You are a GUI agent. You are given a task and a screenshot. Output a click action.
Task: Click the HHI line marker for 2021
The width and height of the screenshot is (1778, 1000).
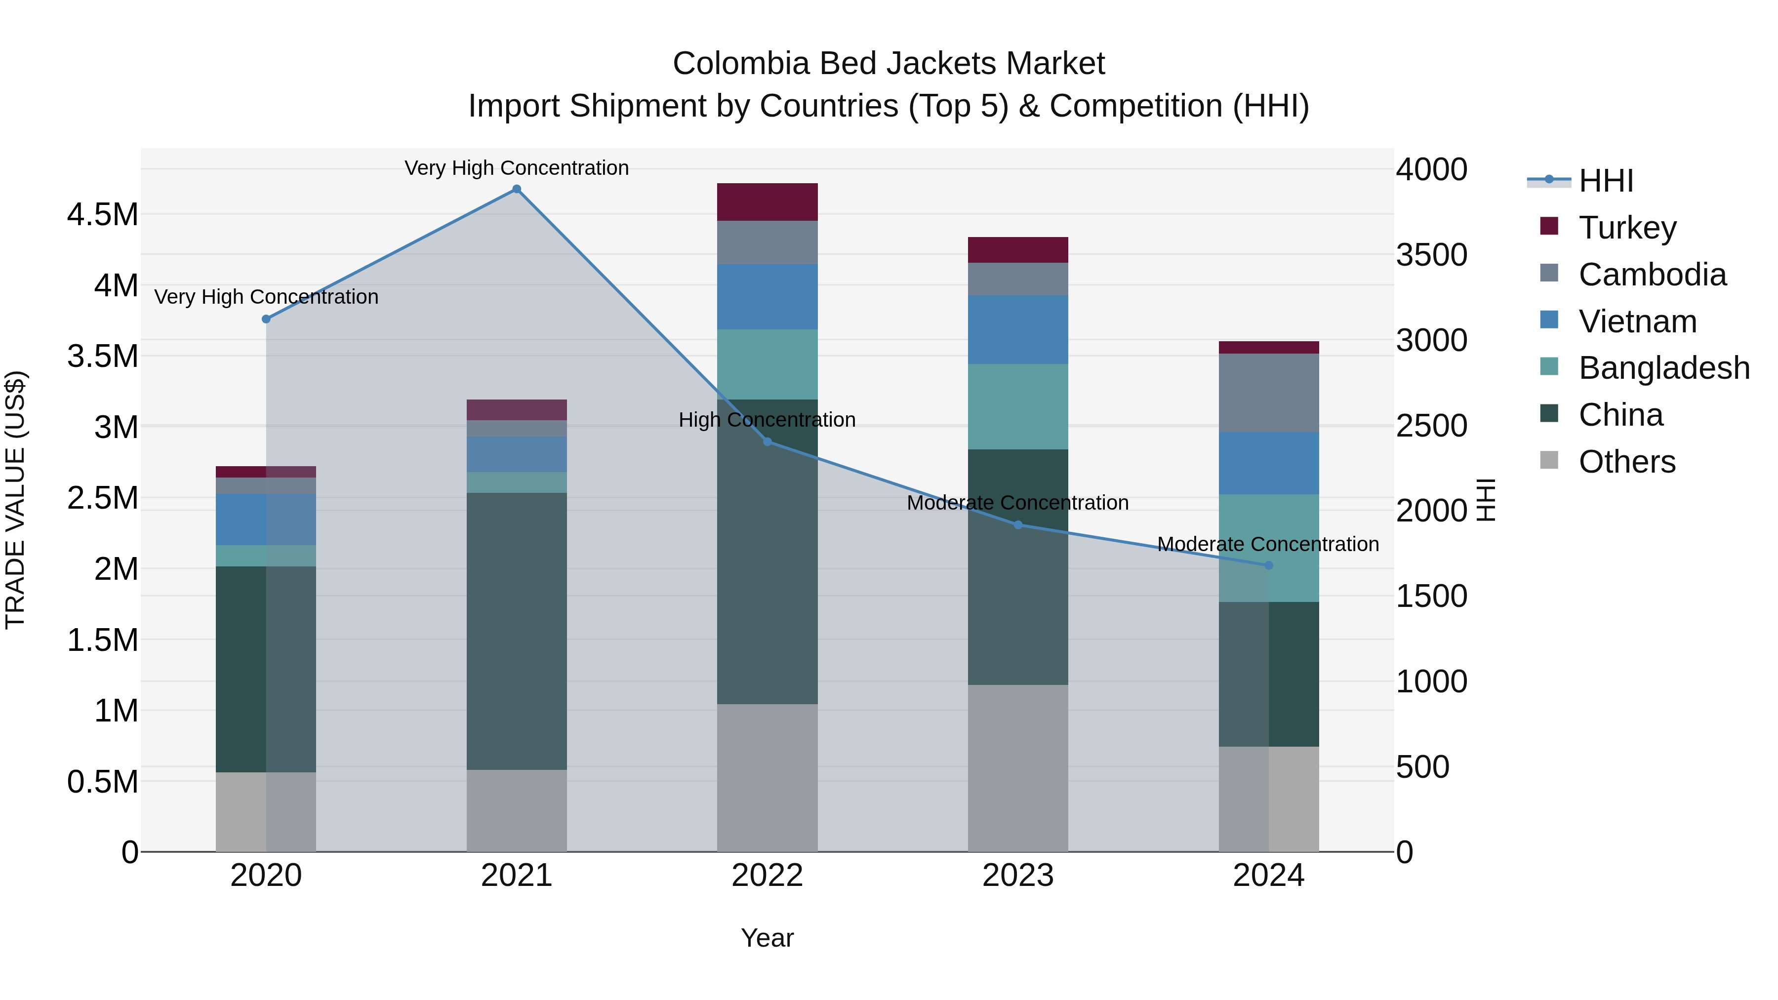[516, 189]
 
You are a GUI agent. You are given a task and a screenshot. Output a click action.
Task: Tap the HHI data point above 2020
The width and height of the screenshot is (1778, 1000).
[266, 319]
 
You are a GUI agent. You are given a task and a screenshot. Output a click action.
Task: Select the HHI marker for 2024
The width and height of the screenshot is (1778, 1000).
[1268, 565]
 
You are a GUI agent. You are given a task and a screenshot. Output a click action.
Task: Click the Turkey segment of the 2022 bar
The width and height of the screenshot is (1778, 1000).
[767, 201]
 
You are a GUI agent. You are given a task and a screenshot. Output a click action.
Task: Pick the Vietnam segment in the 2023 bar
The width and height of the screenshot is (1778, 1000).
[1017, 329]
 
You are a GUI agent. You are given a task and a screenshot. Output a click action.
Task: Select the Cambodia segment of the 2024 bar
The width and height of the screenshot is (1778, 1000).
[1268, 393]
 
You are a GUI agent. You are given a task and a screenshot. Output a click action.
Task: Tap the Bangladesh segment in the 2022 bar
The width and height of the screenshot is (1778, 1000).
[767, 363]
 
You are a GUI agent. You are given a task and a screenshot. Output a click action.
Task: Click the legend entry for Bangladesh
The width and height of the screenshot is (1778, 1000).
[1663, 368]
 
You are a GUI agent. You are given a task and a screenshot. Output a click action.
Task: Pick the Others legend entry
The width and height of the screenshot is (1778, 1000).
[1626, 462]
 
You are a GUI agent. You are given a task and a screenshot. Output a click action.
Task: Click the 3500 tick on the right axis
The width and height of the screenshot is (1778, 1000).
[1431, 255]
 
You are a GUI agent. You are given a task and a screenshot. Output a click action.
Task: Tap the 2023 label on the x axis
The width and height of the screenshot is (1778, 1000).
[1017, 876]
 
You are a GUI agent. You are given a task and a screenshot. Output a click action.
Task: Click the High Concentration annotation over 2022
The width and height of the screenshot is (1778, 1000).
[767, 420]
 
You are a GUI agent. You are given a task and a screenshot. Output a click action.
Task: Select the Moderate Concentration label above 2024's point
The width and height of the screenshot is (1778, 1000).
[1268, 544]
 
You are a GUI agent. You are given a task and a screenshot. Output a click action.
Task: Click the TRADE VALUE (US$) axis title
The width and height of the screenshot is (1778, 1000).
[15, 500]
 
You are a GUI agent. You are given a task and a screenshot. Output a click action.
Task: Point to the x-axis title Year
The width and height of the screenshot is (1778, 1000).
[767, 938]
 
